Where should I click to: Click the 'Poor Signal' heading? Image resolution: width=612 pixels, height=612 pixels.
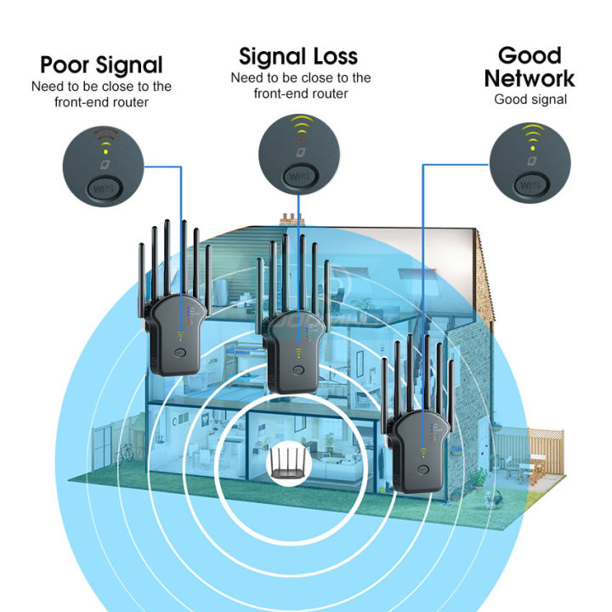pos(101,65)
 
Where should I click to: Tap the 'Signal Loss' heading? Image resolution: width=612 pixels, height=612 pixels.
pos(298,56)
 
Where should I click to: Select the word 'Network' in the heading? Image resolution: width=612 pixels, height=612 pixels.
pos(530,78)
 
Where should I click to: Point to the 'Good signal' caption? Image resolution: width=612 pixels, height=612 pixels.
pos(530,99)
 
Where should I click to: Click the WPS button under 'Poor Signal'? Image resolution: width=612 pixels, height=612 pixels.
pos(104,189)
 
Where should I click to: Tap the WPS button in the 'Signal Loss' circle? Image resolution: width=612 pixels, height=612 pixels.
pos(299,177)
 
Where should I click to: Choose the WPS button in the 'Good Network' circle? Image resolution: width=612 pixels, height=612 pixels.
pos(530,184)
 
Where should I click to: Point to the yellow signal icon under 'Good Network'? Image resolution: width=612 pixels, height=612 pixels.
pos(533,137)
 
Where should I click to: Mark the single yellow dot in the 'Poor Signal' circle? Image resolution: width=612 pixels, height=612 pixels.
pos(105,151)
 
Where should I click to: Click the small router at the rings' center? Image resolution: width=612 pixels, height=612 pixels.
pos(287,464)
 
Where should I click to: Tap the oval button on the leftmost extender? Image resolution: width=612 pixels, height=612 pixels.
pos(180,353)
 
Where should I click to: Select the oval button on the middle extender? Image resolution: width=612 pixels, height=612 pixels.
pos(298,370)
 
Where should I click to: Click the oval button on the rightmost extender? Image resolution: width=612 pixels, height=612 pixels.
pos(422,469)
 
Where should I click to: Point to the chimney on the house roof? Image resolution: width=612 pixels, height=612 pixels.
pos(292,219)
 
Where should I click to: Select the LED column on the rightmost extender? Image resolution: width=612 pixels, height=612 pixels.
pos(431,432)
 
